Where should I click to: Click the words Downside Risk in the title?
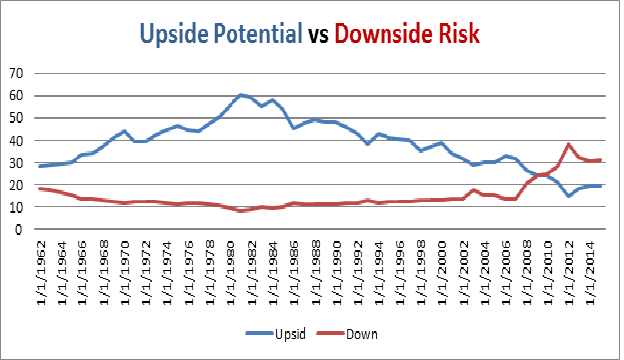pyautogui.click(x=407, y=34)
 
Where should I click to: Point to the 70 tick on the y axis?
pyautogui.click(x=17, y=73)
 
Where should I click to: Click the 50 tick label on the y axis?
pyautogui.click(x=17, y=117)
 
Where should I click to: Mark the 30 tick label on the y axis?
pyautogui.click(x=17, y=162)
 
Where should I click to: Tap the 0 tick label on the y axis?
pyautogui.click(x=21, y=229)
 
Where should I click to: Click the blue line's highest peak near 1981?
pyautogui.click(x=241, y=95)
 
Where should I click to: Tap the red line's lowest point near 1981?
pyautogui.click(x=241, y=211)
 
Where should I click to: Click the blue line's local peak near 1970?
pyautogui.click(x=124, y=131)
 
